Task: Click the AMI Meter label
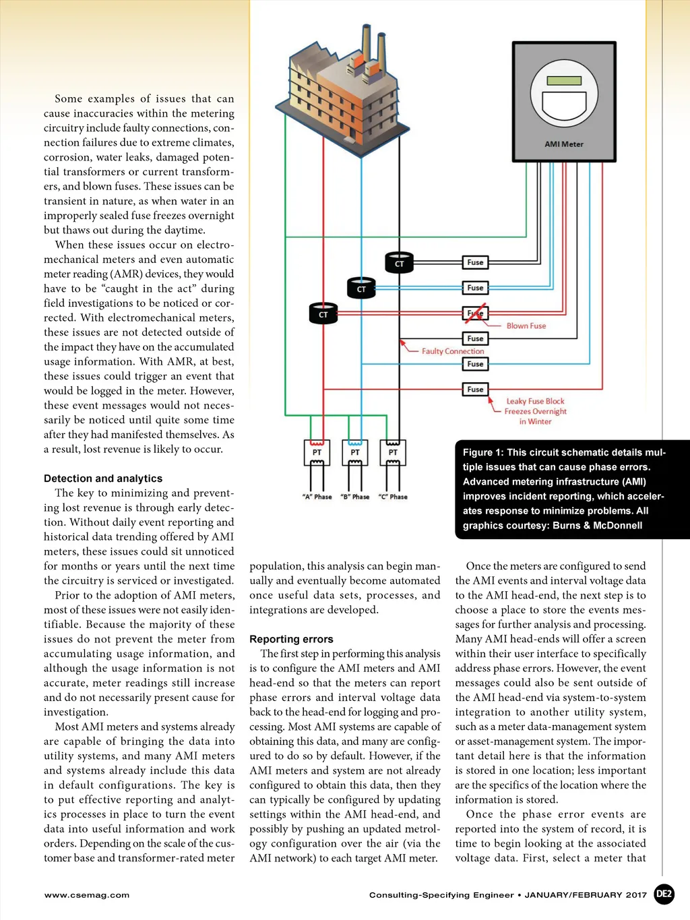click(564, 144)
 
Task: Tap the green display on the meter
click(564, 81)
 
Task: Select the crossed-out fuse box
click(475, 313)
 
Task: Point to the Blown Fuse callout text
click(526, 326)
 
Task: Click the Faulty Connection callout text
click(453, 351)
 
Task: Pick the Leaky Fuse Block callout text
click(535, 402)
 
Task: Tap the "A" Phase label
click(317, 497)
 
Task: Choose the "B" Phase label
click(355, 497)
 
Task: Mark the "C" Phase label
click(393, 497)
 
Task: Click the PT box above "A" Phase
click(317, 452)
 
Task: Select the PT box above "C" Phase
click(393, 452)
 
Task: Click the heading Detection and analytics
click(103, 479)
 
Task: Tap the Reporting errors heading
click(291, 639)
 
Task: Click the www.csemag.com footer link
click(87, 895)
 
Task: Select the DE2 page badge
click(664, 894)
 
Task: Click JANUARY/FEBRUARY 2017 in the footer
click(586, 895)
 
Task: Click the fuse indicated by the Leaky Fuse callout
click(475, 390)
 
